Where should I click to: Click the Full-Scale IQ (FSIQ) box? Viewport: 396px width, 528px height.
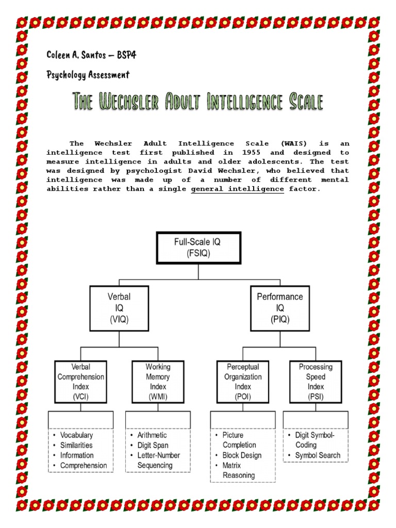(x=199, y=247)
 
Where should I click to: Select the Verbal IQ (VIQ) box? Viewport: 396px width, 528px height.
(x=119, y=308)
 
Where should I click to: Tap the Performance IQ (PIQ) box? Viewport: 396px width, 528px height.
(x=280, y=308)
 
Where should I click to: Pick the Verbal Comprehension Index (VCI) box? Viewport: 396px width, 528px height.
(x=81, y=382)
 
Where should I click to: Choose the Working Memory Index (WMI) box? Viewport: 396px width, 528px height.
(x=158, y=382)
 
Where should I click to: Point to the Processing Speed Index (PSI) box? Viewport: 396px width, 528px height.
(x=316, y=382)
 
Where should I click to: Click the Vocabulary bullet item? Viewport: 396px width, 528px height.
(x=76, y=435)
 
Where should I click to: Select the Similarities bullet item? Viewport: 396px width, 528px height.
(x=76, y=445)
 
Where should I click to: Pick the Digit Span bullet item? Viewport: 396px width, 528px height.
(x=153, y=445)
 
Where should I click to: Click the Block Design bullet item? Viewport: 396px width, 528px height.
(x=242, y=455)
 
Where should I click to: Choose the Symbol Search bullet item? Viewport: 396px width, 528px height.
(x=318, y=455)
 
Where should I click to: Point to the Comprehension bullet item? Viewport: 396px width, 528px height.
(x=84, y=466)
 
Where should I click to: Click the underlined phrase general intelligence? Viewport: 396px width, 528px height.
(x=237, y=189)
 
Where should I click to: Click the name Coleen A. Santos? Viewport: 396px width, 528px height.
(x=77, y=55)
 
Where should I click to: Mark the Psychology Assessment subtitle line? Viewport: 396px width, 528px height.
(x=88, y=75)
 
